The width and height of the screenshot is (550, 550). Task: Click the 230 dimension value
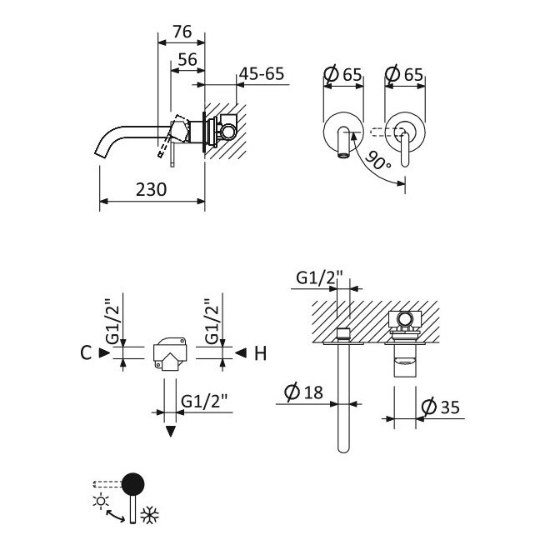[x=151, y=190]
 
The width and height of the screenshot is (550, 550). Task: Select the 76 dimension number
[x=182, y=32]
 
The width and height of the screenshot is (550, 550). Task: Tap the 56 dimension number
[x=187, y=60]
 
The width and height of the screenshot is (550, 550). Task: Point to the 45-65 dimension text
[x=262, y=74]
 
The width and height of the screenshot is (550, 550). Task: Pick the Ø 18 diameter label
[x=303, y=392]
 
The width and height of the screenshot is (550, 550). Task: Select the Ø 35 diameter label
[x=440, y=407]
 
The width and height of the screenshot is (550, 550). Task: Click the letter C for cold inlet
[x=86, y=352]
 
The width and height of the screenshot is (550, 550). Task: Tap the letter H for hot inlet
[x=261, y=353]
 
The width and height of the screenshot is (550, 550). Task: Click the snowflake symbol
[x=150, y=515]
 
